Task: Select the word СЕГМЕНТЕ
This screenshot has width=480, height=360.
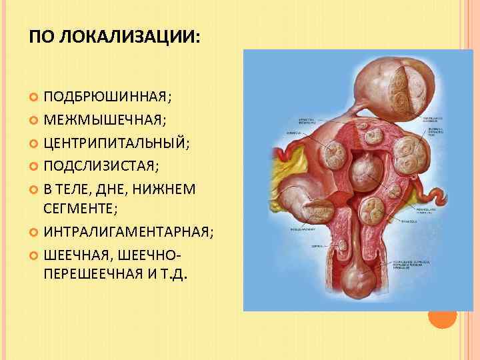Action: click(79, 209)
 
